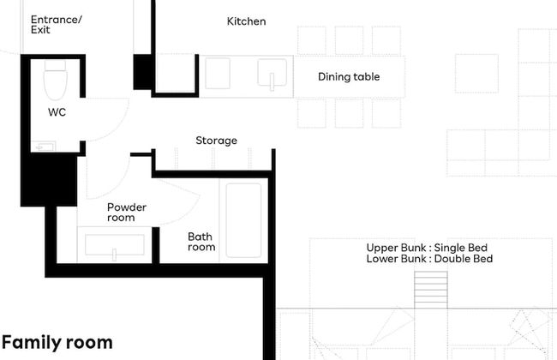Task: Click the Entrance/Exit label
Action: point(56,25)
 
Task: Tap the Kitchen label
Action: point(246,21)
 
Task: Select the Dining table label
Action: point(349,77)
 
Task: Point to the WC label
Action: point(57,112)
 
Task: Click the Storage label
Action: point(216,141)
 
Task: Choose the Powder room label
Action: point(127,213)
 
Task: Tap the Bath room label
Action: point(201,242)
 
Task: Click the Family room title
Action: point(57,343)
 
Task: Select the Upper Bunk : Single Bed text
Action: point(427,248)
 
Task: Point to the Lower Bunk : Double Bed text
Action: point(429,258)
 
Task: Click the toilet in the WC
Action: point(55,80)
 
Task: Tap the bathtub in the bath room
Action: point(243,220)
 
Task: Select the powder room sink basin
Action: point(115,245)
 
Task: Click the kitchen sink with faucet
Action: point(272,74)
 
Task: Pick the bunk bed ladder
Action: point(431,290)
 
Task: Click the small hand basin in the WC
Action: point(44,147)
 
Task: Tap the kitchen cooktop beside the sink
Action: point(218,74)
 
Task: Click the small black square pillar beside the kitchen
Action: point(142,72)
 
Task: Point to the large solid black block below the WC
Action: point(49,179)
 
